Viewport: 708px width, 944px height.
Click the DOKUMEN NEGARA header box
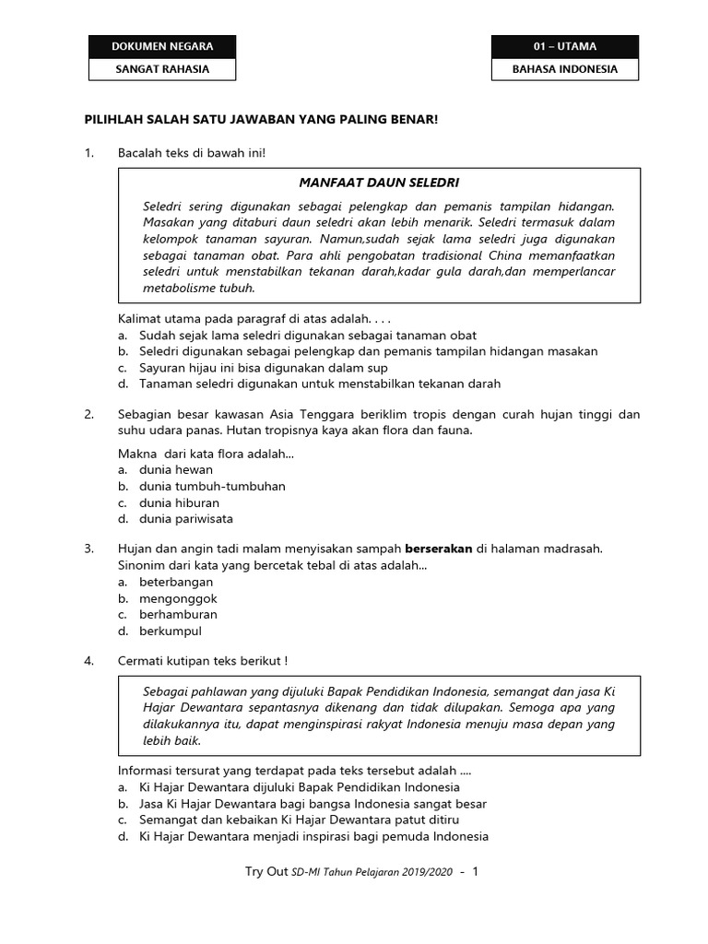pyautogui.click(x=161, y=46)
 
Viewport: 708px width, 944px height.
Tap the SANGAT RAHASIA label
pyautogui.click(x=161, y=69)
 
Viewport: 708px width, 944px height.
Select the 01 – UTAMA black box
pyautogui.click(x=564, y=46)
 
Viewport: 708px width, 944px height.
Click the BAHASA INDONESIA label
pyautogui.click(x=564, y=69)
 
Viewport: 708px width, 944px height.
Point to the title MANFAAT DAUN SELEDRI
pyautogui.click(x=379, y=183)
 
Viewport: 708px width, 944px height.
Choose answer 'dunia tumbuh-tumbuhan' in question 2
pyautogui.click(x=212, y=486)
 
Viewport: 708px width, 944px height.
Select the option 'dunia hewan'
pyautogui.click(x=175, y=469)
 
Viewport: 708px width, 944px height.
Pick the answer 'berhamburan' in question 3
pyautogui.click(x=178, y=615)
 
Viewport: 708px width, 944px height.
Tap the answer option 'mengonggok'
pyautogui.click(x=178, y=598)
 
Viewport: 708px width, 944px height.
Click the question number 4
pyautogui.click(x=88, y=662)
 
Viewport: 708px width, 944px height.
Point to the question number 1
pyautogui.click(x=88, y=152)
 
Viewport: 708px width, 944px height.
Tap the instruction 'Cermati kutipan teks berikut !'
pyautogui.click(x=203, y=662)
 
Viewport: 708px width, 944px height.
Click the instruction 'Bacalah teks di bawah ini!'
pyautogui.click(x=191, y=152)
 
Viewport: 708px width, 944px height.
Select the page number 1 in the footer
pyautogui.click(x=475, y=871)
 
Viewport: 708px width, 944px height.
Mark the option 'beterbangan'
pyautogui.click(x=175, y=582)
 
